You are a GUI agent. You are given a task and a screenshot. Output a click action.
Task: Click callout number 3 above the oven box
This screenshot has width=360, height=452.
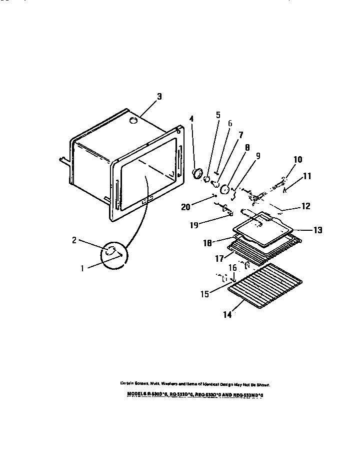(x=159, y=97)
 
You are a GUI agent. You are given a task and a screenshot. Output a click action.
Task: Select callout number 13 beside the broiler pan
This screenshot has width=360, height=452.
(x=317, y=230)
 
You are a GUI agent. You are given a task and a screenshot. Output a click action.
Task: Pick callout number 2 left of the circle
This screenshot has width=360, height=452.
(x=74, y=240)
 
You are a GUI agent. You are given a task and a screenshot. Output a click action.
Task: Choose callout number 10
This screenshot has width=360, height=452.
(x=297, y=160)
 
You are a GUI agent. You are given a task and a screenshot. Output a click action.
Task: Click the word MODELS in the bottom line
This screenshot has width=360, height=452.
(x=135, y=394)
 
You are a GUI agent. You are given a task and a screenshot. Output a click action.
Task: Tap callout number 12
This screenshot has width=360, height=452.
(x=305, y=206)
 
